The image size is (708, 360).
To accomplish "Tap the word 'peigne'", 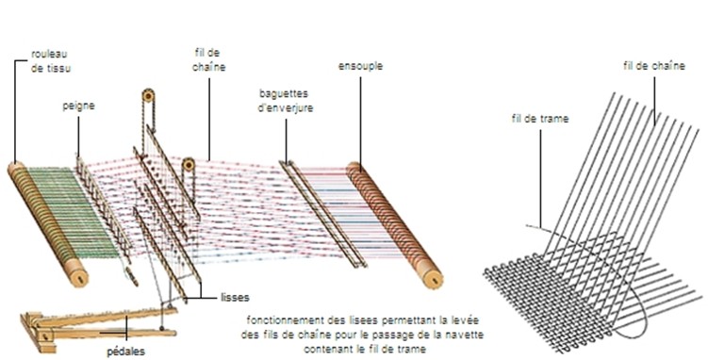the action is coord(78,107).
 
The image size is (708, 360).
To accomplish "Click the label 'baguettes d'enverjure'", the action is coord(286,103).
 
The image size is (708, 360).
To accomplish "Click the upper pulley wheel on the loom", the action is coord(148,96).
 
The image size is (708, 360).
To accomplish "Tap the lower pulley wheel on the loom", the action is coord(189,165).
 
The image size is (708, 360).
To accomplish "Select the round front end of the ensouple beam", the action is coord(430,278).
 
